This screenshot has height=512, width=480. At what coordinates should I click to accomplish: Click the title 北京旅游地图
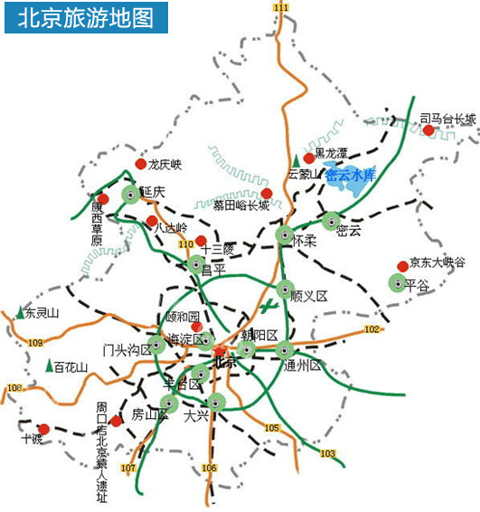pos(86,17)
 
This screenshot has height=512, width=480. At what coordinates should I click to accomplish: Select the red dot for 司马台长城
pos(428,130)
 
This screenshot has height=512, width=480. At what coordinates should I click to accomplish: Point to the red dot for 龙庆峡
pos(140,164)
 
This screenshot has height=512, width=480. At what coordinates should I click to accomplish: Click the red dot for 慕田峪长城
pos(267,194)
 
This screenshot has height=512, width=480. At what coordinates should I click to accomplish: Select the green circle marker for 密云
pos(332,220)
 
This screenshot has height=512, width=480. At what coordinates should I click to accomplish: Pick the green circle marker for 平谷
pos(397,283)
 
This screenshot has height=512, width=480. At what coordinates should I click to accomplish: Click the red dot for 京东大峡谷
pos(402,266)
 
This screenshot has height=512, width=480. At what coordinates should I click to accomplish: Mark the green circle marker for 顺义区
pos(287,290)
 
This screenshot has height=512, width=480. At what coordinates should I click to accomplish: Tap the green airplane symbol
pos(266,308)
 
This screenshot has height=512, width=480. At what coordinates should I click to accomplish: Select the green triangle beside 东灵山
pos(21,312)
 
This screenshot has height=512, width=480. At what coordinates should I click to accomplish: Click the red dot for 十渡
pos(43,429)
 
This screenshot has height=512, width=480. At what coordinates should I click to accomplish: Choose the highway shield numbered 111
pos(281,7)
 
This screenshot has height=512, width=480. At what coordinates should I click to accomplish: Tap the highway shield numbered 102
pos(371,329)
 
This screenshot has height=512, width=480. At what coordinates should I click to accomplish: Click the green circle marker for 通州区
pos(285,350)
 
